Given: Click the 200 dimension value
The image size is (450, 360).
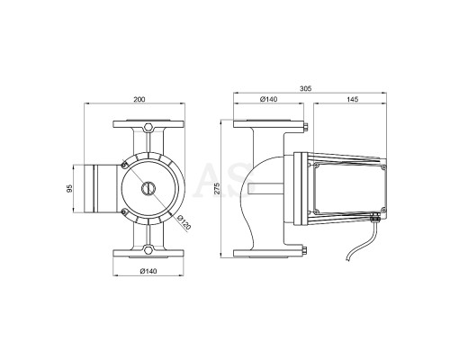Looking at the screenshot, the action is click(139, 99).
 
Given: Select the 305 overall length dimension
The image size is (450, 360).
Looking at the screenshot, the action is click(306, 88).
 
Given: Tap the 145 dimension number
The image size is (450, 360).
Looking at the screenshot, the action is click(353, 99).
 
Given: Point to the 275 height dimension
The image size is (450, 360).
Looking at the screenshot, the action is click(218, 188).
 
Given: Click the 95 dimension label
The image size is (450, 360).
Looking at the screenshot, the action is click(69, 188).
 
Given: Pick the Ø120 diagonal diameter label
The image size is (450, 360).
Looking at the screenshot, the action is click(184, 222).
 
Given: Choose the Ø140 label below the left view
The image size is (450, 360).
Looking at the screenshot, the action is click(148, 271).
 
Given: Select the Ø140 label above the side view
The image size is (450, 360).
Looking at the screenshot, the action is click(269, 99).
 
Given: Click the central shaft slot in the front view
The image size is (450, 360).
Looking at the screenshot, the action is click(148, 188).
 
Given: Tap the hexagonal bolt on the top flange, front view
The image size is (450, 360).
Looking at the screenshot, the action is click(148, 127).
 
